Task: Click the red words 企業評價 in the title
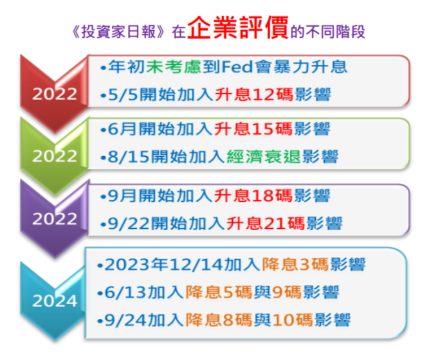click(238, 28)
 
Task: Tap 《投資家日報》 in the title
click(118, 32)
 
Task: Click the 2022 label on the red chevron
click(55, 94)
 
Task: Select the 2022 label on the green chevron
click(55, 156)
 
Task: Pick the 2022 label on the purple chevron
click(55, 219)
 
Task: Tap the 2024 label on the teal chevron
click(55, 301)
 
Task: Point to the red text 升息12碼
click(254, 94)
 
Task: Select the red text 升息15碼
click(253, 129)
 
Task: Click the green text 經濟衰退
click(264, 156)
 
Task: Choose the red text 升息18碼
click(253, 195)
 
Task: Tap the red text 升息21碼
click(266, 223)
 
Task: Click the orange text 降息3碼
click(295, 264)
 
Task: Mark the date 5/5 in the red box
click(122, 95)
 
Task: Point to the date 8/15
click(129, 156)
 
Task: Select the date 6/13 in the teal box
click(125, 292)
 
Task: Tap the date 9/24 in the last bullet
click(125, 320)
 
